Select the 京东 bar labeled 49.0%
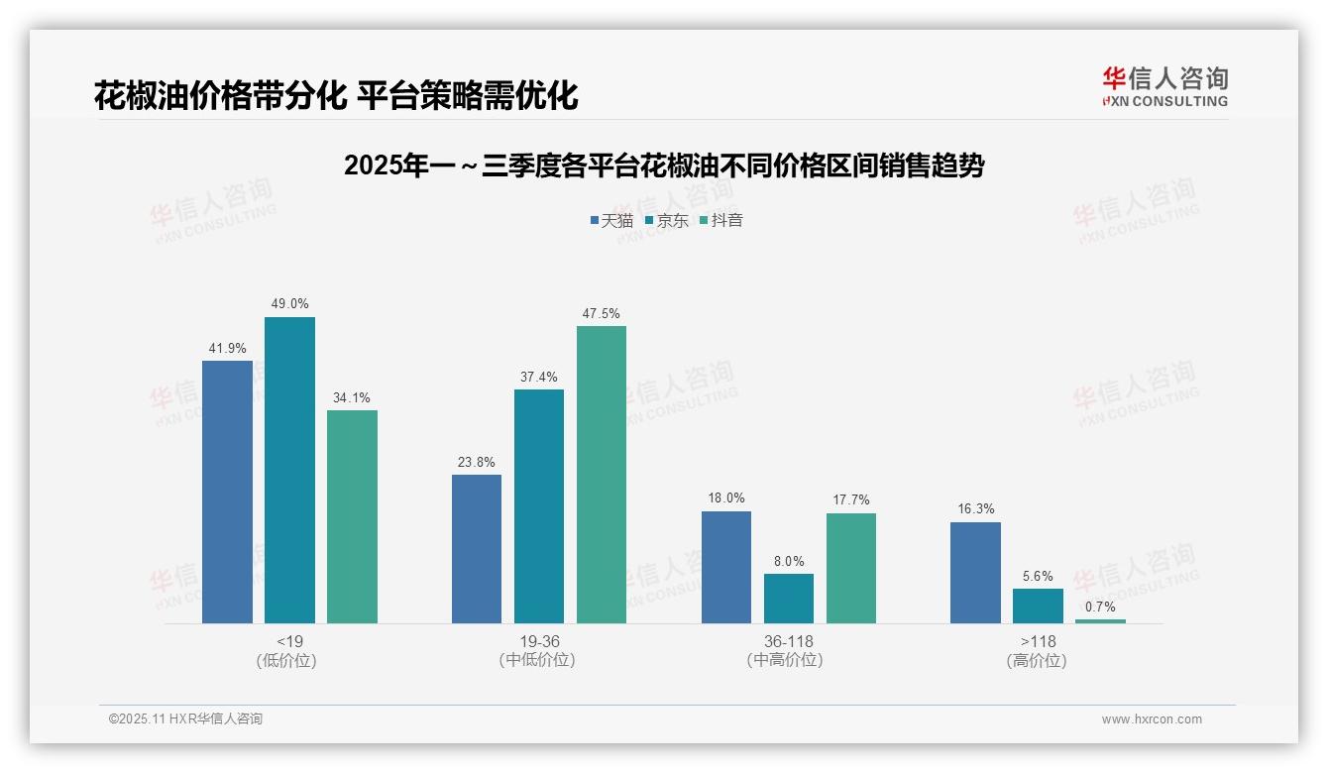[x=289, y=470]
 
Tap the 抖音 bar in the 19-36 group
[x=602, y=475]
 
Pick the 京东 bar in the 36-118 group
[x=789, y=599]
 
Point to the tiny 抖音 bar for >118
[x=1100, y=621]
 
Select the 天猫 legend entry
[x=611, y=220]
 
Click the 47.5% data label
[x=602, y=314]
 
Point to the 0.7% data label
[x=1100, y=607]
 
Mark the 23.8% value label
[x=477, y=463]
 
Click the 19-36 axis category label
[x=539, y=641]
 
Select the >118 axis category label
[x=1038, y=641]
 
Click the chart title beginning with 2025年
[x=664, y=166]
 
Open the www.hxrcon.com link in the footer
[x=1152, y=719]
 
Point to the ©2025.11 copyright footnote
[x=185, y=719]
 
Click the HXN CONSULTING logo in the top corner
[x=1164, y=87]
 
